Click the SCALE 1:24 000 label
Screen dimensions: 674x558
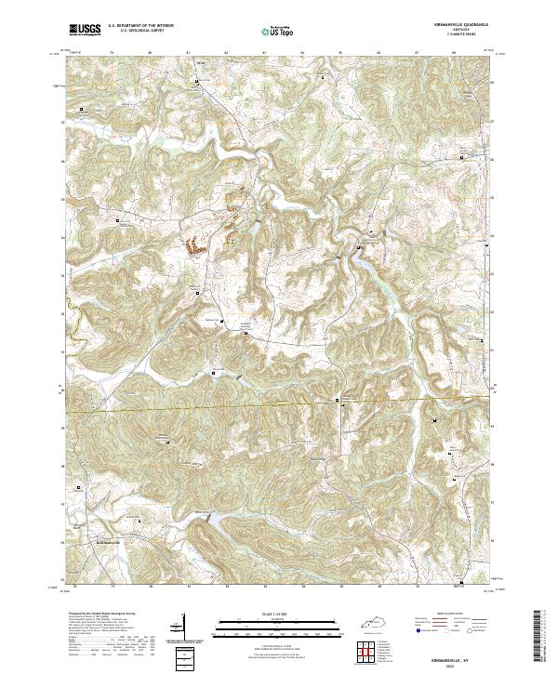tap(267, 614)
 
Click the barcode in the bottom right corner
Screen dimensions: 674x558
tap(543, 641)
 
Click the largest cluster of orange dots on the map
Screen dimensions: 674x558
tap(194, 246)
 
